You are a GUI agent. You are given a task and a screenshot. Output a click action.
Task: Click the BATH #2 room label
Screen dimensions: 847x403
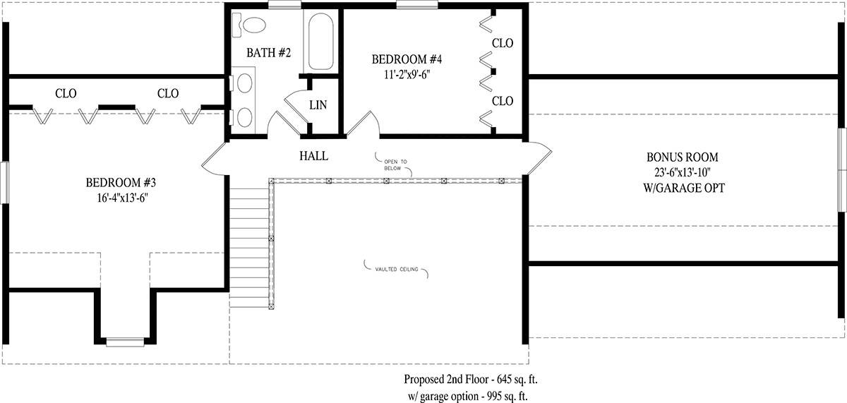[268, 52]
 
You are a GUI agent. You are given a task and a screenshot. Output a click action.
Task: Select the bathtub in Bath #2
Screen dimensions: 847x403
[320, 42]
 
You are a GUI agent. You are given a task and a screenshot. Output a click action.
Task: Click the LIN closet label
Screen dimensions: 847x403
[318, 104]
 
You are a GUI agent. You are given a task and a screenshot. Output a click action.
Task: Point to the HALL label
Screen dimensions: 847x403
[314, 156]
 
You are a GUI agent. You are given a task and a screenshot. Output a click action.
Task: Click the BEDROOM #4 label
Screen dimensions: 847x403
[407, 59]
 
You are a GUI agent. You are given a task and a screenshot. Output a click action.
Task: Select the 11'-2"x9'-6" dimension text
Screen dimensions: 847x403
[407, 75]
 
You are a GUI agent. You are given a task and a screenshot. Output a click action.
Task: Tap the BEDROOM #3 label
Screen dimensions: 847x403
[121, 183]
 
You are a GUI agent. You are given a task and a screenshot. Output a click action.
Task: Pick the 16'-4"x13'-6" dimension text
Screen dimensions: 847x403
[122, 198]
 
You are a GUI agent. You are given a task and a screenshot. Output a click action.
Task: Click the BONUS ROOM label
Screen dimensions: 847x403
[682, 157]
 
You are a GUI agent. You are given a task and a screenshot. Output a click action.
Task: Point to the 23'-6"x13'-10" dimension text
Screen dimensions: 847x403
[683, 172]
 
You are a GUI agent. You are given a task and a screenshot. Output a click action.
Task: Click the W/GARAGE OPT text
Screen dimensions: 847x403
[684, 188]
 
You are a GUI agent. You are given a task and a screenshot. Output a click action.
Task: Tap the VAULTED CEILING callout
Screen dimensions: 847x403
[397, 269]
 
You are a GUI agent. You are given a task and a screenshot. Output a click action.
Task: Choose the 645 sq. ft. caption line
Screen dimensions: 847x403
[471, 379]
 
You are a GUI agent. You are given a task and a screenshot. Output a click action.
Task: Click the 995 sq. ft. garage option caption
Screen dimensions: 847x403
[468, 396]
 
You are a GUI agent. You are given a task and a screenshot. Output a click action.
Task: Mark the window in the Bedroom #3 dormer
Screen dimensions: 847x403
[125, 342]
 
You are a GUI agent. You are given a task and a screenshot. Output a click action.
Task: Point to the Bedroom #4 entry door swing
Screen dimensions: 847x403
[362, 124]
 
